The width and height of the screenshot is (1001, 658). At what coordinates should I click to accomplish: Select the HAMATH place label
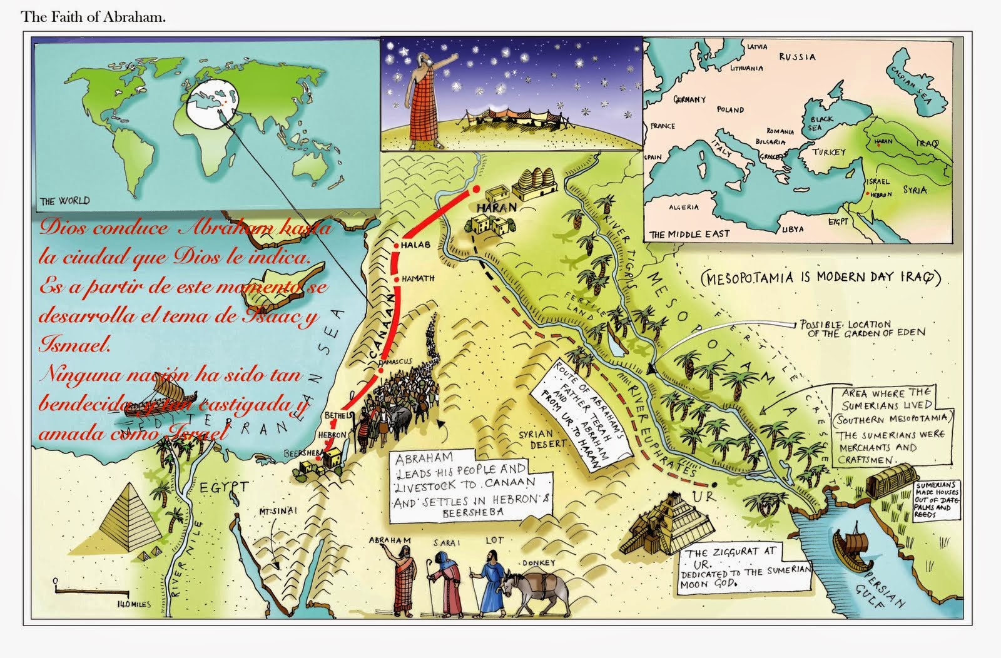tap(418, 279)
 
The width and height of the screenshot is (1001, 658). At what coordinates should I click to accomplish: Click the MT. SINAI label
tap(278, 510)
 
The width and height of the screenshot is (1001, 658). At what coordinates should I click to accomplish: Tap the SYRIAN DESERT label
tap(544, 438)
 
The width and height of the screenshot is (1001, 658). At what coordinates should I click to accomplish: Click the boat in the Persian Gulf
tap(855, 544)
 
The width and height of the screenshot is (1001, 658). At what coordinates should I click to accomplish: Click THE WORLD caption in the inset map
tap(64, 201)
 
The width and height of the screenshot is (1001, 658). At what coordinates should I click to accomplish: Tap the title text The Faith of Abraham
tap(93, 17)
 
